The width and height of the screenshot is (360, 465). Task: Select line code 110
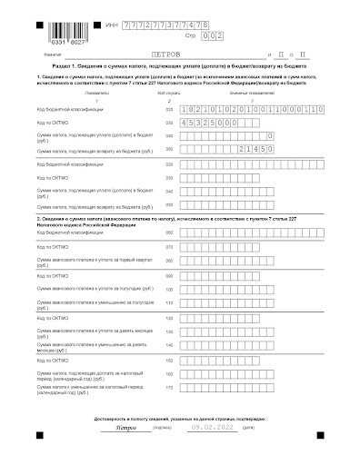[169, 288]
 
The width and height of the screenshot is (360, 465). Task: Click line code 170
[169, 387]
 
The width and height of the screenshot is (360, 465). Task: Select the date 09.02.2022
[210, 426]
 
